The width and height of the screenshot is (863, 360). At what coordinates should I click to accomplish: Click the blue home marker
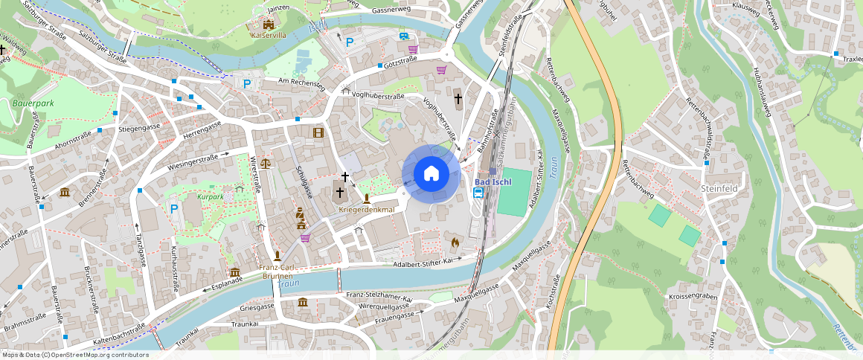pos(431,174)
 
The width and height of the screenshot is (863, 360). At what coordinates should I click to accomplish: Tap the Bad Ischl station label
pos(493,183)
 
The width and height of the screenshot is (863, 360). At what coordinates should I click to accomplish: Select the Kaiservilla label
pos(268,35)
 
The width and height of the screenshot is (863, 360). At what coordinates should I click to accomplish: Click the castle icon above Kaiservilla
pos(268,25)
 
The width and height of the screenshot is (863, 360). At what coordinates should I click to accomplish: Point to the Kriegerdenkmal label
pos(366,210)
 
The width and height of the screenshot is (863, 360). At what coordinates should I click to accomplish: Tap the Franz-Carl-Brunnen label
pos(277,271)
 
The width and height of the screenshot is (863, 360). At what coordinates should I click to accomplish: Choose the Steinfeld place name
pos(719,189)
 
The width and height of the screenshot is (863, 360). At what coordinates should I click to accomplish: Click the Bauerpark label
pos(30,103)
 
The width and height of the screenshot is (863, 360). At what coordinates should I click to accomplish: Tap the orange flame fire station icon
pos(455,242)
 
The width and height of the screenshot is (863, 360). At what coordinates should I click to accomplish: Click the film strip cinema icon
pos(318,132)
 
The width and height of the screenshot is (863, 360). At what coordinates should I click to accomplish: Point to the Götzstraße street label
pos(400,65)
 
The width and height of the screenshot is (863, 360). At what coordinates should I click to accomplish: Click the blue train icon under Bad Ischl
pos(478,193)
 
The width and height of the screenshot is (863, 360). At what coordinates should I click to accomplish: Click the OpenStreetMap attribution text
pos(76,355)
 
